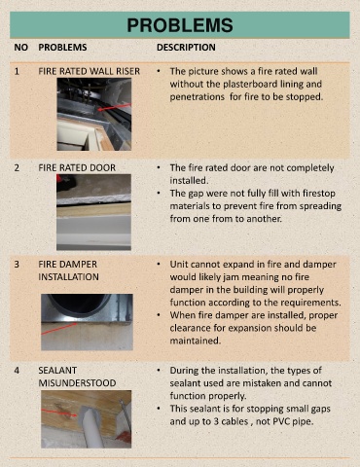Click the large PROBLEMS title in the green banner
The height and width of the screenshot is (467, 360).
point(180,25)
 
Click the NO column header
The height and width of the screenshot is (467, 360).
point(21,48)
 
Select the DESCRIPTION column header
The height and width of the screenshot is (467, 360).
point(186,48)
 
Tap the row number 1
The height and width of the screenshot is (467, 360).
point(17,71)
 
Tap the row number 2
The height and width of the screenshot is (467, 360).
point(17,167)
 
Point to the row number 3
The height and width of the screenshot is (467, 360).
point(17,264)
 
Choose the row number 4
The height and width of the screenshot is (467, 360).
point(17,370)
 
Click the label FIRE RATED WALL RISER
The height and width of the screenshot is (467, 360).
point(90,71)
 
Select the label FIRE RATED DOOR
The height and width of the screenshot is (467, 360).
point(77,167)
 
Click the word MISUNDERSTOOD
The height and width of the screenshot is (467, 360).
point(77,383)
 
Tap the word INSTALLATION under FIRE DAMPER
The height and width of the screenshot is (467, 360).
point(68,277)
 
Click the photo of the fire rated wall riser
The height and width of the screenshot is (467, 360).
point(94,114)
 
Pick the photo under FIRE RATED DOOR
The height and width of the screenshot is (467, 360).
point(93,212)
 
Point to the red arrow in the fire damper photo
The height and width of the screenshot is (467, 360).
point(59,329)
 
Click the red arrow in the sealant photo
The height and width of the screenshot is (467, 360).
point(59,413)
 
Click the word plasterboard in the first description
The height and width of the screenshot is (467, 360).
point(249,84)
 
